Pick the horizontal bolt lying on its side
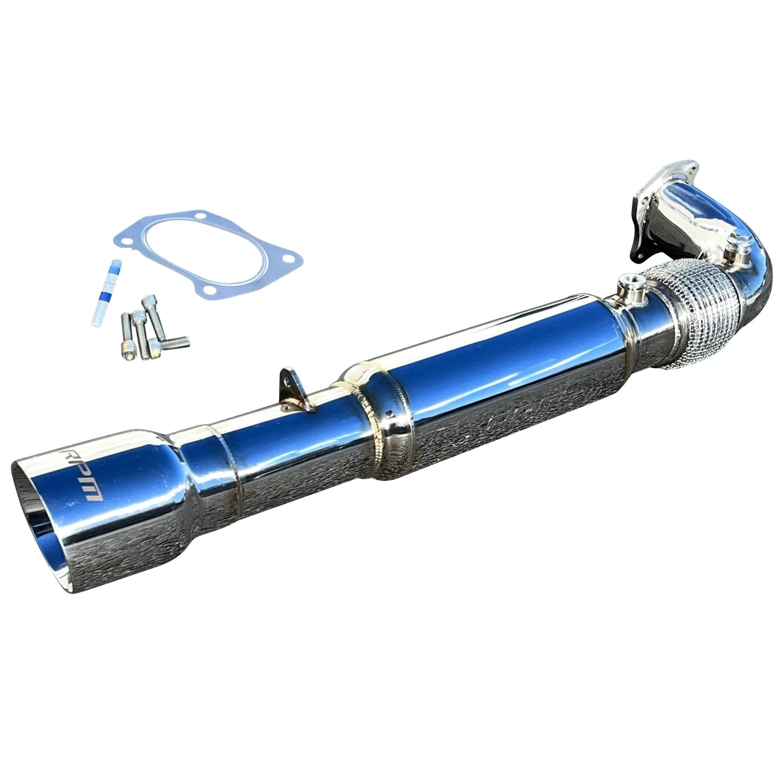pyautogui.click(x=170, y=343)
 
